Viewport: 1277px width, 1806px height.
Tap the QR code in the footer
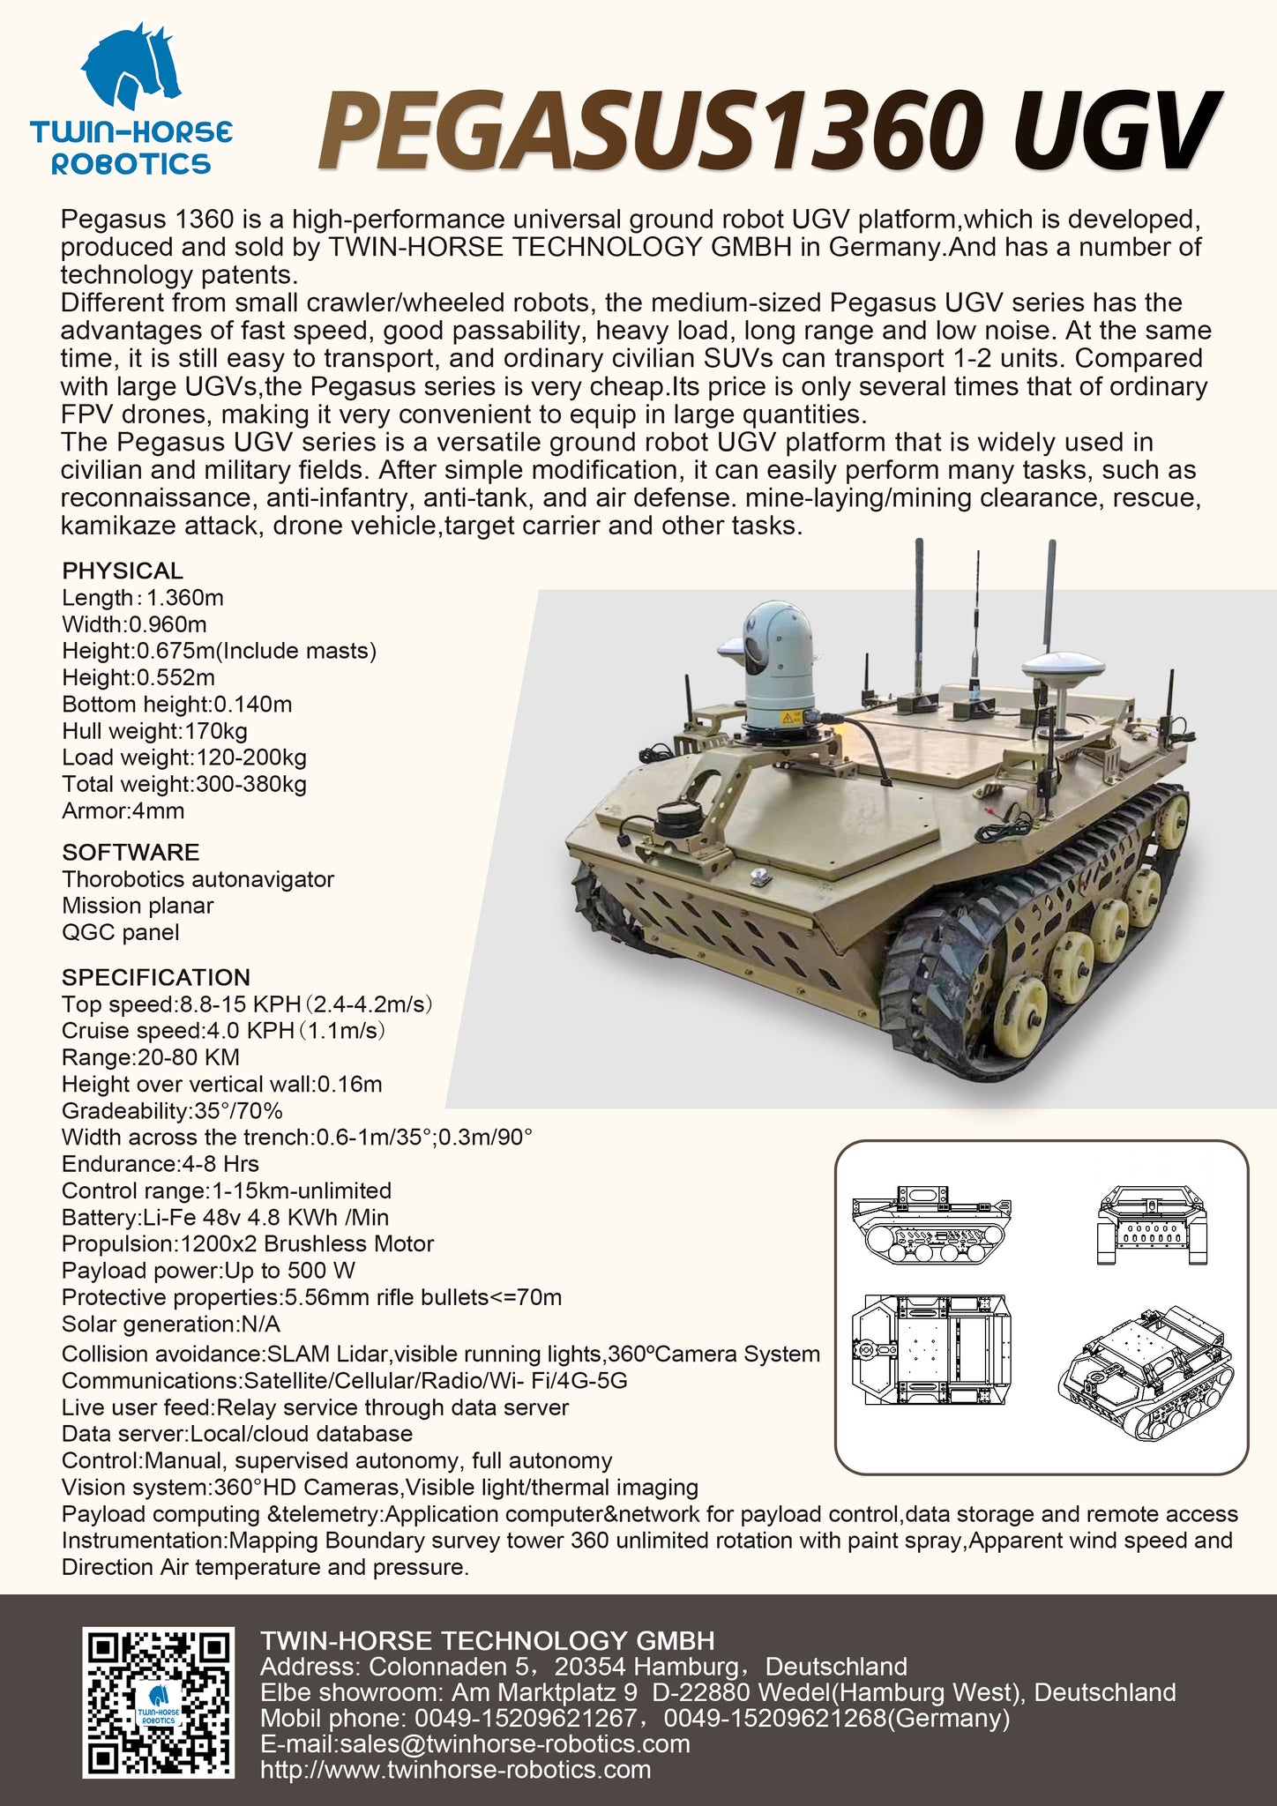(x=159, y=1701)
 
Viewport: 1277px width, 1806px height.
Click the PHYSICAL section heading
(x=123, y=571)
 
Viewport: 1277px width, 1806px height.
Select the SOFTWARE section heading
(x=131, y=852)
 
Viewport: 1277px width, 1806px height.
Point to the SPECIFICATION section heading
(x=156, y=977)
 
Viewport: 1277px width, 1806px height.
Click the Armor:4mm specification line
(x=123, y=811)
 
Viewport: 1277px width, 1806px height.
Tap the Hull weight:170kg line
(x=154, y=731)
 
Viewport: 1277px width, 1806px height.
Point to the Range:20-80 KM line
(x=151, y=1057)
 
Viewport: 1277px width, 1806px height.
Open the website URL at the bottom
(x=456, y=1769)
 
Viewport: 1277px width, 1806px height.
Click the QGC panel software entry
(x=120, y=932)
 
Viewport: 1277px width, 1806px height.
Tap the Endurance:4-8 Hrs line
(x=161, y=1164)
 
